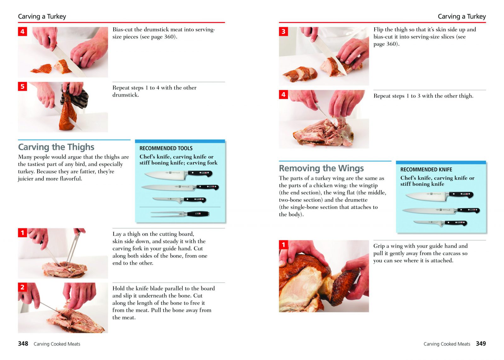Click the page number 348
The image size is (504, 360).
pos(23,344)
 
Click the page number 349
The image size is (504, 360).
pos(481,344)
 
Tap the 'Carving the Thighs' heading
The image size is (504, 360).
pos(56,147)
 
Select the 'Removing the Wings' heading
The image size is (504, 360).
pos(321,168)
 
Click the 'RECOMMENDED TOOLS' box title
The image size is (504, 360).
pos(166,148)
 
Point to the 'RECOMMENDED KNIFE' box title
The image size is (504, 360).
pos(426,169)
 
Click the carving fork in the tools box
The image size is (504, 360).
pos(180,214)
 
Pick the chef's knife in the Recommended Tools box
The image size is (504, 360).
pos(178,175)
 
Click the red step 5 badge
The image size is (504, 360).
pos(22,86)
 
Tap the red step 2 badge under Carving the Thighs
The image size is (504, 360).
pos(22,287)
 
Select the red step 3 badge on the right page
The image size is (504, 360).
pos(283,31)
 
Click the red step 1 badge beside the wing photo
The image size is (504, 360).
pos(283,245)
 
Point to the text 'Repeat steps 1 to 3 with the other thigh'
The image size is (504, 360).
pos(423,96)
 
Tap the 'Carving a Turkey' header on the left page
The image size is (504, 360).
pos(42,16)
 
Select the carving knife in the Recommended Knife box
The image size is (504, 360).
pos(441,211)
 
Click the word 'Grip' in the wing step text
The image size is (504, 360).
pos(379,246)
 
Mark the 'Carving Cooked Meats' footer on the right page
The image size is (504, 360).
pos(447,344)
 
